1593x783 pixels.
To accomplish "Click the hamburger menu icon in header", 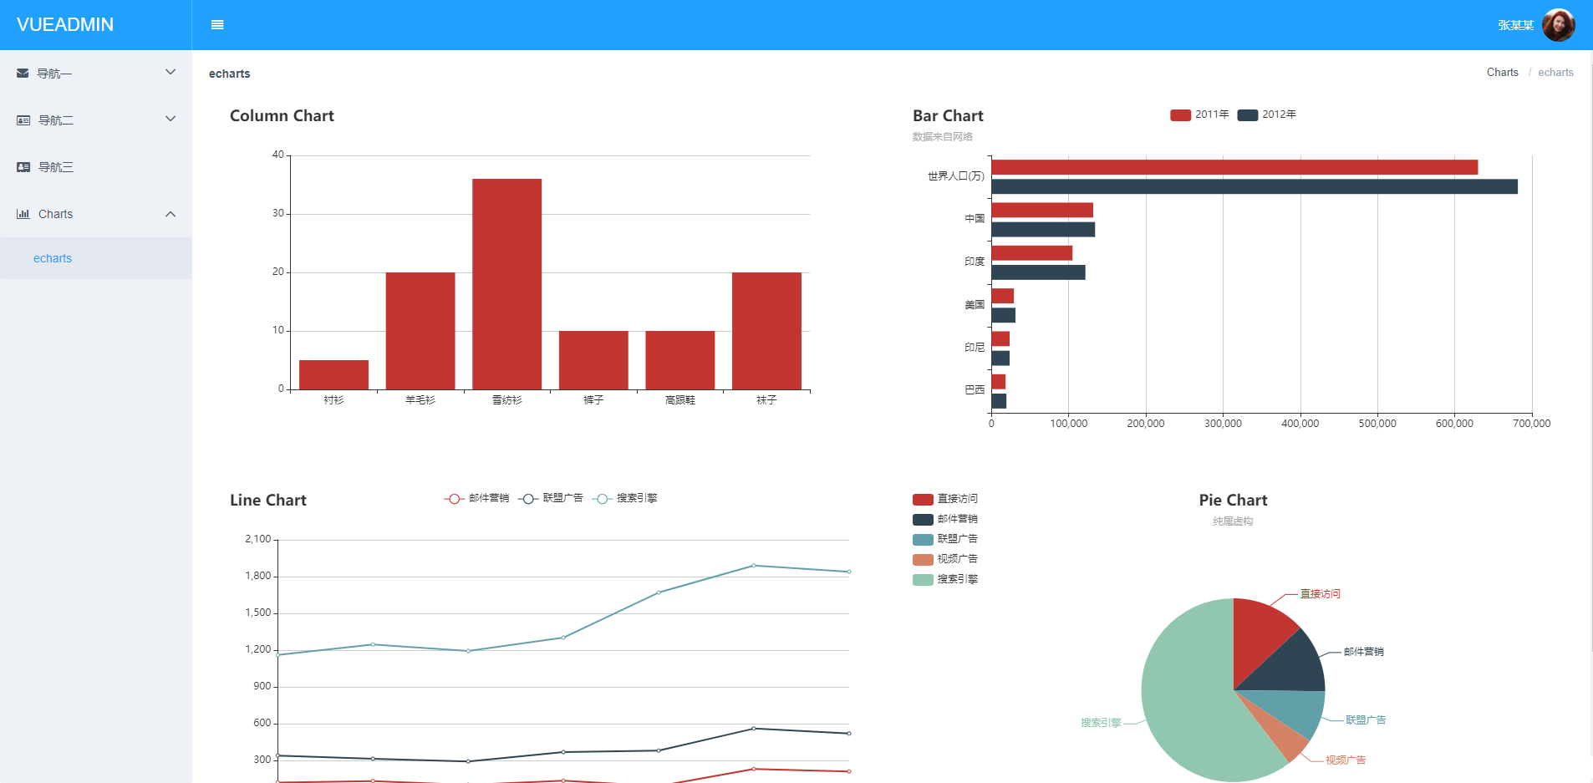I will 217,25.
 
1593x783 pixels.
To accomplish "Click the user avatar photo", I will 1558,25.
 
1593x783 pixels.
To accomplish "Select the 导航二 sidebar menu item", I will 56,120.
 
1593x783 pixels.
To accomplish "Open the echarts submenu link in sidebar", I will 53,258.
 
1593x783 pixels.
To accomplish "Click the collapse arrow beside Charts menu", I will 170,214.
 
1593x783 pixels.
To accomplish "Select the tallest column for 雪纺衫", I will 506,284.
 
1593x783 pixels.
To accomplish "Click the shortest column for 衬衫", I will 333,374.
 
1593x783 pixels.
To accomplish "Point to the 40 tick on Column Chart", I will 277,155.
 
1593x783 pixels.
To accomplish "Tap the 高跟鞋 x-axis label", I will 679,400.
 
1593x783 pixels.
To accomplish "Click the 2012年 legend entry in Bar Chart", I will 1267,114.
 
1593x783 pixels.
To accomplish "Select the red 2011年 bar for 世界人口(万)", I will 1234,167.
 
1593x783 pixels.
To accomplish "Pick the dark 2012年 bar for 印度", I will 1038,272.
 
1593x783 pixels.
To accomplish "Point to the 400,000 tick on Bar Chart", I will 1300,424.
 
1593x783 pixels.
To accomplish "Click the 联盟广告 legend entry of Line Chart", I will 551,498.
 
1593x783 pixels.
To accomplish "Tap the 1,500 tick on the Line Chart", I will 258,613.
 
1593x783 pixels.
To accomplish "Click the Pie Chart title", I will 1233,500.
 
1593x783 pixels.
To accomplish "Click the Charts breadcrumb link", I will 1502,73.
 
